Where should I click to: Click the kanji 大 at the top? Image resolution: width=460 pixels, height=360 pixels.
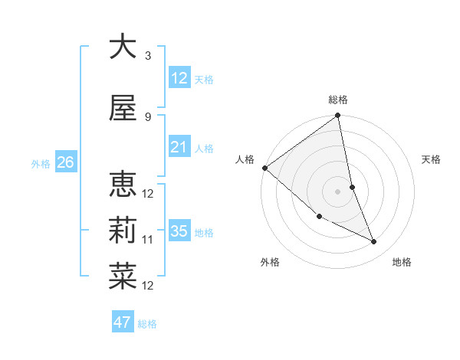tap(123, 47)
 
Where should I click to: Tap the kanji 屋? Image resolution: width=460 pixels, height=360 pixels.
tap(123, 109)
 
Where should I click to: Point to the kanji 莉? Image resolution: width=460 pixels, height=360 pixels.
tap(123, 231)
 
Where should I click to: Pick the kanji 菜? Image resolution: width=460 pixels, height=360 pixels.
tap(123, 277)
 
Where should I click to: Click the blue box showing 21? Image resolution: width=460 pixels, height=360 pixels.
tap(179, 146)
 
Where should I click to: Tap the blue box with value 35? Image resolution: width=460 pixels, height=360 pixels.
tap(179, 231)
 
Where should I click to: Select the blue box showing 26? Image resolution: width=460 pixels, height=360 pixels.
tap(65, 162)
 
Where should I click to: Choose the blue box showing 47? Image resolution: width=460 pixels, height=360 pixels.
tap(123, 322)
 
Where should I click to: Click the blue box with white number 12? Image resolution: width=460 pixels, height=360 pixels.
tap(179, 77)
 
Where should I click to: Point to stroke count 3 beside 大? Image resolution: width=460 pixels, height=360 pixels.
tap(148, 55)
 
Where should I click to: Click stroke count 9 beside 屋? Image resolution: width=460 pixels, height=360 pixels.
tap(148, 116)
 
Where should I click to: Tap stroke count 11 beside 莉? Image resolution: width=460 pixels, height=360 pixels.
tap(148, 239)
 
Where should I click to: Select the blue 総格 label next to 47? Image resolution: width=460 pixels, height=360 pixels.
tap(147, 324)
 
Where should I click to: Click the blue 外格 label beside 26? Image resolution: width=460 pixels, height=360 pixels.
tap(41, 163)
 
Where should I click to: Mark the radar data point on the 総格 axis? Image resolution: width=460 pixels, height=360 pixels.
tap(337, 116)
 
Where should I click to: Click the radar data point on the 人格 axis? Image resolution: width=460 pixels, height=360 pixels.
tap(264, 168)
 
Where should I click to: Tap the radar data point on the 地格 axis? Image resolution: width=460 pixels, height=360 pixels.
tap(374, 241)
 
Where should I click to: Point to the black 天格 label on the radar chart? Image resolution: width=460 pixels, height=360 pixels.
tap(432, 159)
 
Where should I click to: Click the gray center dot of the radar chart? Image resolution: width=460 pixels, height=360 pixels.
tap(337, 191)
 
